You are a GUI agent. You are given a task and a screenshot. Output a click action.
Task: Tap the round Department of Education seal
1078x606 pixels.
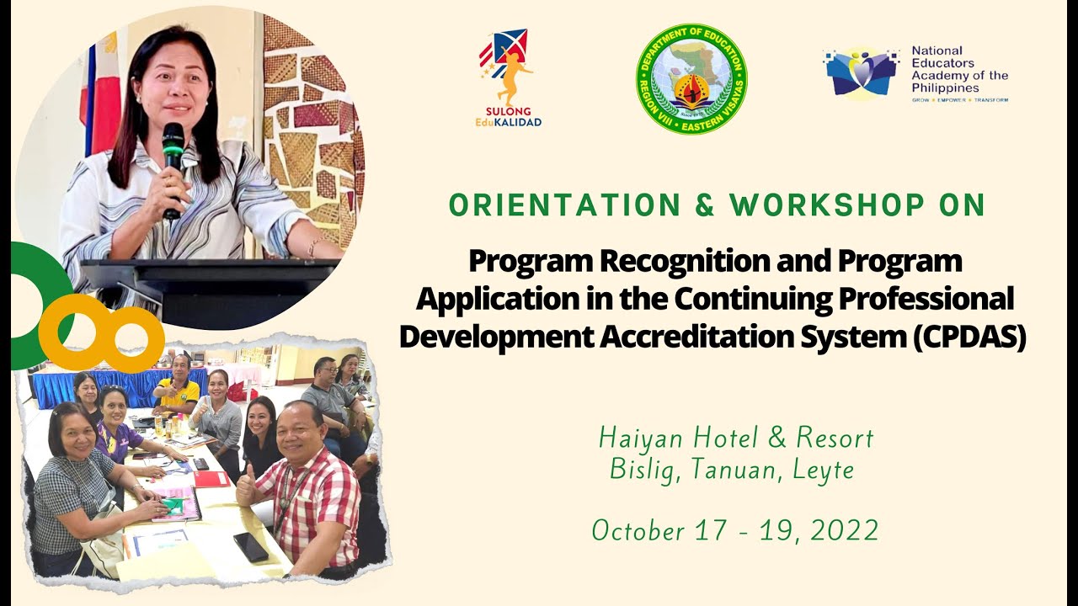coord(691,79)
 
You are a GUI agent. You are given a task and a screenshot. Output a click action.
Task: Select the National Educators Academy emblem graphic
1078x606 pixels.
coord(862,74)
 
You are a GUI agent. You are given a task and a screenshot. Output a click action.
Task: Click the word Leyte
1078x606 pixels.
coord(824,470)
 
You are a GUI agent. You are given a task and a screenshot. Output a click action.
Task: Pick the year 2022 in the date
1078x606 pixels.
coord(846,530)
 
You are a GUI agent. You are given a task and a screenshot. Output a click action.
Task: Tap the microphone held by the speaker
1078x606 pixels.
coord(173,156)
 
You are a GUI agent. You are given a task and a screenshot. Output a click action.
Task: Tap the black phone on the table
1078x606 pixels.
coord(251,547)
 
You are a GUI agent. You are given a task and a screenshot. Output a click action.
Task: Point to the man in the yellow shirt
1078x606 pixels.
coord(179,387)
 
